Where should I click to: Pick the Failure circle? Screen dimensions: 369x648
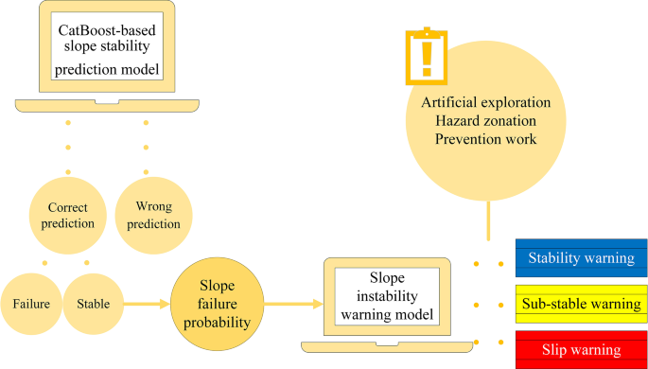click(31, 304)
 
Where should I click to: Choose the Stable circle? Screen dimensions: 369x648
click(93, 304)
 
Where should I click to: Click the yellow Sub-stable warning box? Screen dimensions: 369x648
click(581, 305)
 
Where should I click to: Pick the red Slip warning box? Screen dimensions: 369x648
click(581, 349)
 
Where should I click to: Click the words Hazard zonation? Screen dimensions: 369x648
click(485, 120)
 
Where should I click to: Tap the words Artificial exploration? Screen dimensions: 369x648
click(485, 101)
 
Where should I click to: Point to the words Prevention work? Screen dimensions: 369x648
click(485, 139)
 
